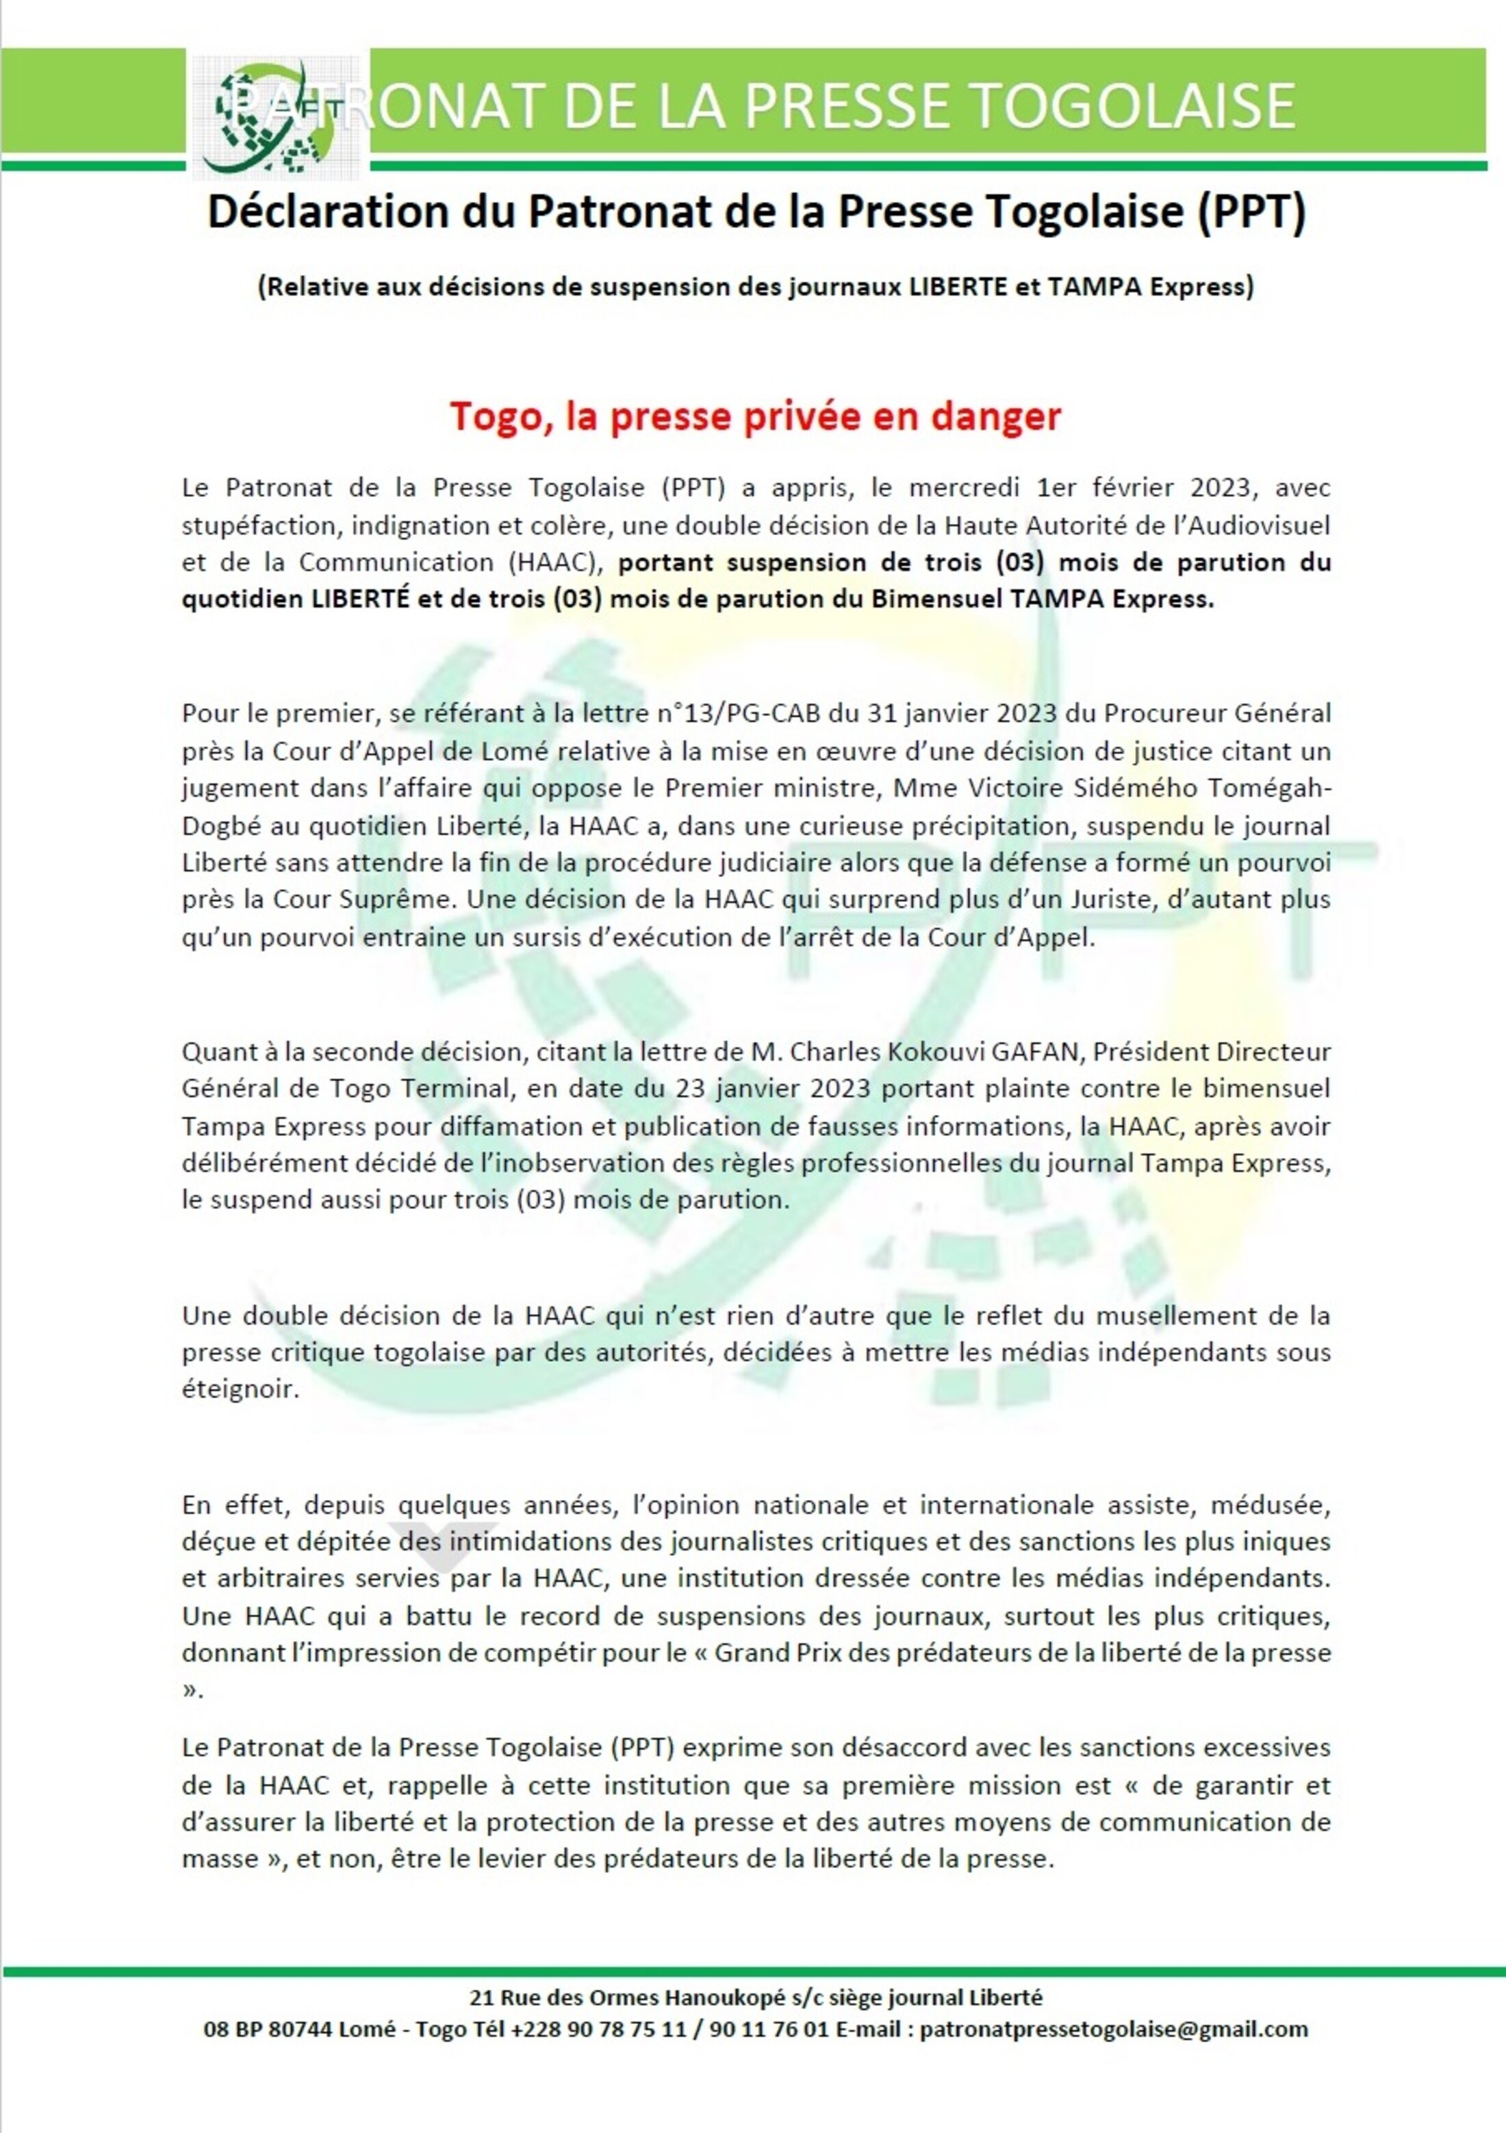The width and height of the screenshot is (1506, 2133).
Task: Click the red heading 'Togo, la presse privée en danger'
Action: (x=755, y=416)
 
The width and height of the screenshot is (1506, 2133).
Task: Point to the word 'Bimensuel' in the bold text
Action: (x=936, y=599)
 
